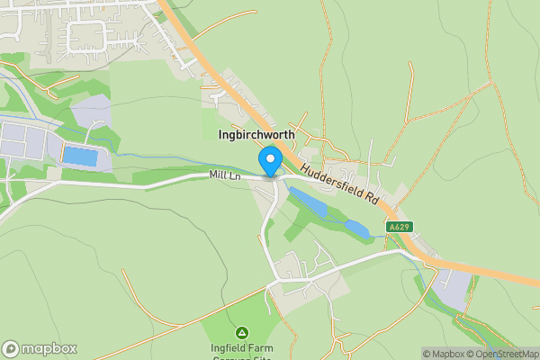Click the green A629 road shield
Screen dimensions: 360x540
tap(400, 227)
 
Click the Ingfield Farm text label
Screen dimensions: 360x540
tap(240, 348)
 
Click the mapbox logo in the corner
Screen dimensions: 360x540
tap(40, 348)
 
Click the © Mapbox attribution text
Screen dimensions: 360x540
tap(444, 354)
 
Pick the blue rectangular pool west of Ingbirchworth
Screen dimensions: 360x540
tap(79, 157)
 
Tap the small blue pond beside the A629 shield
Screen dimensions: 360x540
tap(356, 229)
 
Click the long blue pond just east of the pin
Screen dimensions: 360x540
tap(308, 203)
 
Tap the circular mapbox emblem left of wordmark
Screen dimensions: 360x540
tap(11, 348)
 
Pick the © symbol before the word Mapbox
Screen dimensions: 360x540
tap(427, 354)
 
